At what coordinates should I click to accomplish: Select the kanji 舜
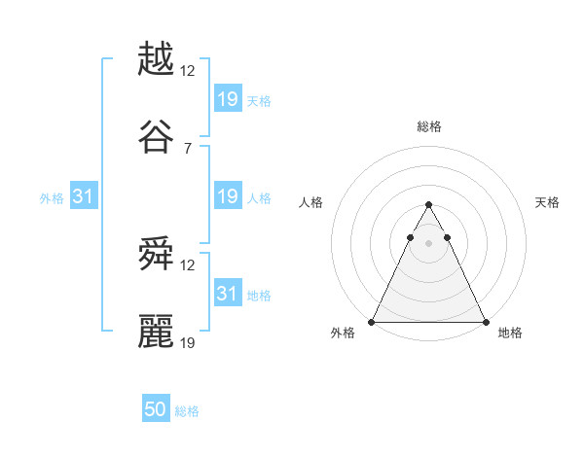tap(156, 255)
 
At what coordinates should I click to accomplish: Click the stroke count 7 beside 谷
tap(187, 148)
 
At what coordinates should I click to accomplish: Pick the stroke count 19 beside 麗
tap(189, 343)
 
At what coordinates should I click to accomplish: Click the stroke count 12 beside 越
tap(189, 70)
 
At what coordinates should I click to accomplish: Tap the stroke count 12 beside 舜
tap(189, 265)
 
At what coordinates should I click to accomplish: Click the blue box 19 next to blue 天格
tap(227, 98)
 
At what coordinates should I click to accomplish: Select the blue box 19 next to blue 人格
tap(227, 196)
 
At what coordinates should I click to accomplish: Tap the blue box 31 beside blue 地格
tap(227, 294)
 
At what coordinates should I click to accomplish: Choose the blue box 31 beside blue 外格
tap(84, 196)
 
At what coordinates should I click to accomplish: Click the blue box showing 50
tap(156, 409)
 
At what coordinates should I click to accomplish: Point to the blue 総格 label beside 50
tap(187, 411)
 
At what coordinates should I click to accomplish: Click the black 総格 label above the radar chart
tap(428, 126)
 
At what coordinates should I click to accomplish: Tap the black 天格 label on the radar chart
tap(547, 202)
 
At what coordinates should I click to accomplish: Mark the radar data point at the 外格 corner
tap(372, 321)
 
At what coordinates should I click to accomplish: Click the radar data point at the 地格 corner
tap(485, 321)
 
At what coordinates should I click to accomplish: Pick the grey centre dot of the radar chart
tap(428, 242)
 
